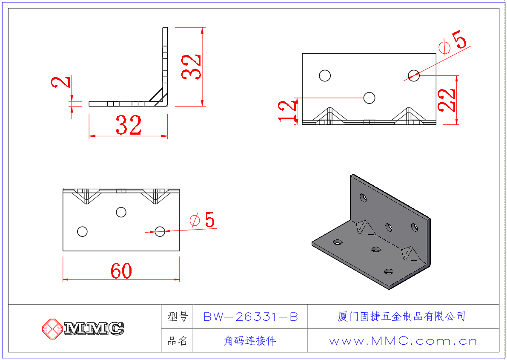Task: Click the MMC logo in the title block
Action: [x=83, y=328]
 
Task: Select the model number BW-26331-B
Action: [x=250, y=317]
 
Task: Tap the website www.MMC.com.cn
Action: [x=403, y=341]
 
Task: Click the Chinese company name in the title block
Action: [x=401, y=316]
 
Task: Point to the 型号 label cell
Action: [x=178, y=317]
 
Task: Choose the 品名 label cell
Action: [x=178, y=341]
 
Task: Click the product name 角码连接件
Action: [x=250, y=341]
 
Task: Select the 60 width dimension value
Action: [x=121, y=271]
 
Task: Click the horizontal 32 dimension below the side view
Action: [x=128, y=126]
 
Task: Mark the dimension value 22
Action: [x=447, y=100]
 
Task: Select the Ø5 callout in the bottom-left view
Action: [x=203, y=220]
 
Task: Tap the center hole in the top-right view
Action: [x=369, y=98]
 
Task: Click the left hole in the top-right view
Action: [x=325, y=75]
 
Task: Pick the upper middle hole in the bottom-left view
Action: [x=121, y=212]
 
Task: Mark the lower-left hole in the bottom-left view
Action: [x=82, y=231]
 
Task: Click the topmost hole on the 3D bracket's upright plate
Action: [x=364, y=197]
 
